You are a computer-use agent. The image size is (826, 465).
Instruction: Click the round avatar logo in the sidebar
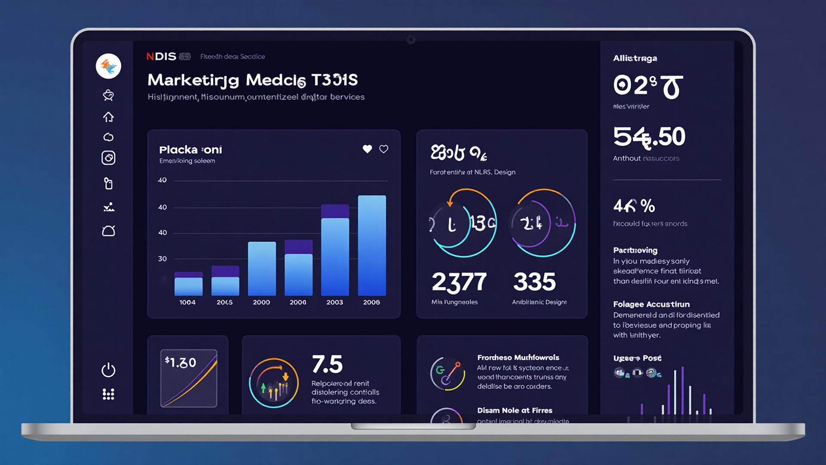(x=108, y=66)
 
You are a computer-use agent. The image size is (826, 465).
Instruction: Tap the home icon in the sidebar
(x=108, y=117)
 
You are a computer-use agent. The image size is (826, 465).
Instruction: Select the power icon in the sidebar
(x=108, y=370)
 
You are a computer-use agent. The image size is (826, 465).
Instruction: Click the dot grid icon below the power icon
(x=108, y=394)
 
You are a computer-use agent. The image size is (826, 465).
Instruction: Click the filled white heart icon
(x=367, y=149)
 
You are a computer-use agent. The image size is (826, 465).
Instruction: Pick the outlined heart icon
(x=384, y=149)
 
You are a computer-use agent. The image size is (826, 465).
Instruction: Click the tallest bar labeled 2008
(x=372, y=245)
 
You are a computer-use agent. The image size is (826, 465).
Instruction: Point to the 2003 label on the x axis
(x=335, y=302)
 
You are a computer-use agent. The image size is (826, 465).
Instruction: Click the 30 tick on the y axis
(x=162, y=259)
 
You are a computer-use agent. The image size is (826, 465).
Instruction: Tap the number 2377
(x=459, y=282)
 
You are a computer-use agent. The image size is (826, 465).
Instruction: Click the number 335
(x=534, y=282)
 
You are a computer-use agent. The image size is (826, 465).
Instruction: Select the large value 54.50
(x=649, y=137)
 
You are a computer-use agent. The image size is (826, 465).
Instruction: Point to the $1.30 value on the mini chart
(x=181, y=363)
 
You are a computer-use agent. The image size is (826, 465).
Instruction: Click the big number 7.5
(x=327, y=364)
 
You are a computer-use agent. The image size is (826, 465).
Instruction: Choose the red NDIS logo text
(x=161, y=56)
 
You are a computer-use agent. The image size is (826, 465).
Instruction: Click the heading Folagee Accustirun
(x=651, y=304)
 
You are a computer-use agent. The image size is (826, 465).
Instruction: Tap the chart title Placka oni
(x=190, y=150)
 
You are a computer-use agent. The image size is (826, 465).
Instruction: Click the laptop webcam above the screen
(x=411, y=40)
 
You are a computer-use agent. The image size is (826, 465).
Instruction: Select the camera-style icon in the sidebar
(x=108, y=158)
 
